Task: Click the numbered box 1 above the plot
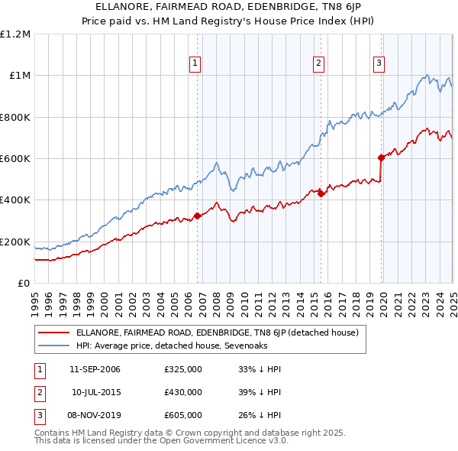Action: click(196, 63)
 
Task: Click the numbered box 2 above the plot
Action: click(318, 63)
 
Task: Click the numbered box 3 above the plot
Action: click(379, 63)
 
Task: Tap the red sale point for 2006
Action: click(197, 216)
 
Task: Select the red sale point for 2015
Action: click(321, 194)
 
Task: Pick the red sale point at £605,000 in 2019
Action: click(381, 157)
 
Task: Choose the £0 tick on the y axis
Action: click(23, 283)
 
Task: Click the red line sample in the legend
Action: click(53, 333)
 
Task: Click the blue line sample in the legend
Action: click(53, 346)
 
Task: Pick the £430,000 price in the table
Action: click(183, 392)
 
